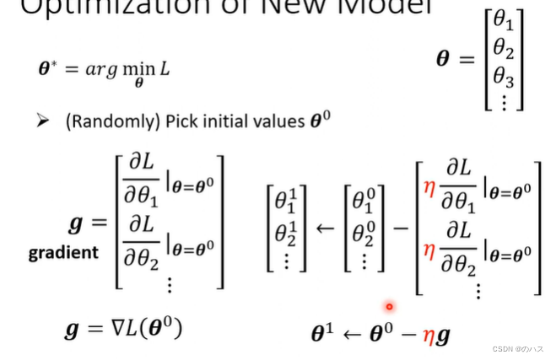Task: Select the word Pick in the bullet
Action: [184, 121]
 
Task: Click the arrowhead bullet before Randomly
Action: [43, 121]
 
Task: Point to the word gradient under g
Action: [63, 252]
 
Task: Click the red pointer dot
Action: [389, 307]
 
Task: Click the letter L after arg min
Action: [165, 68]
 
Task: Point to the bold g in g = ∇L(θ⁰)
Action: [72, 330]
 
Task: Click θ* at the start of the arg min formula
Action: [50, 67]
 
